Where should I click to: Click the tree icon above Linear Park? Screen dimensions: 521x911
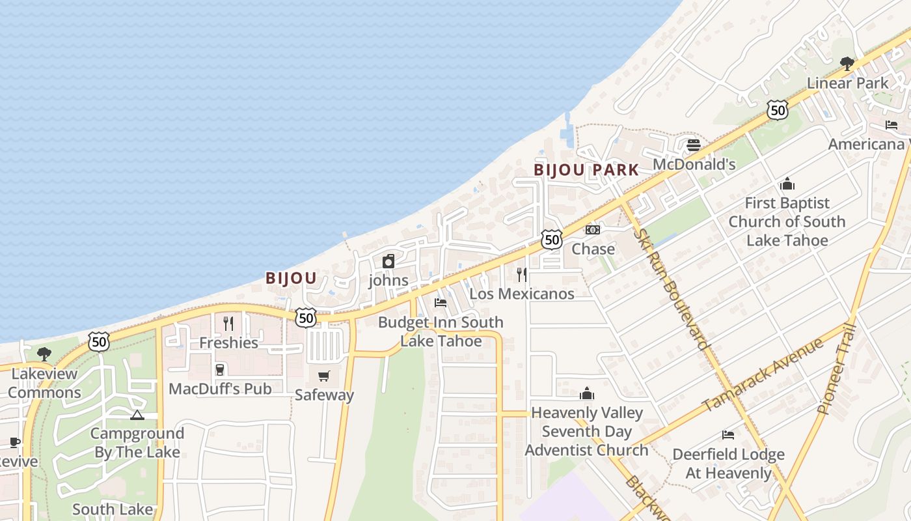[x=847, y=63]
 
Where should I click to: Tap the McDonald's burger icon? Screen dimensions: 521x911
[x=693, y=145]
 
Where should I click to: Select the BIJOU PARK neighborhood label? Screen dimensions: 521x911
[x=586, y=170]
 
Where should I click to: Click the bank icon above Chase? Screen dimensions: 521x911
[x=592, y=230]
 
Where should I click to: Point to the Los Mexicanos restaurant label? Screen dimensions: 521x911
[x=522, y=294]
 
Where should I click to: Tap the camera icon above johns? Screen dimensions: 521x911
[x=388, y=261]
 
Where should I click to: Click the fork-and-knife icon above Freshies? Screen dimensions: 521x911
[x=228, y=323]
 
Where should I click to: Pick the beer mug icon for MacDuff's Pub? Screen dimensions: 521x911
[x=220, y=369]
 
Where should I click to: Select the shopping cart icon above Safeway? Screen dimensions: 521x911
[x=324, y=376]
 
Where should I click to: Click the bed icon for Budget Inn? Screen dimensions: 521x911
[x=441, y=303]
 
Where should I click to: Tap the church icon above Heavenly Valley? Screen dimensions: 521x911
[x=587, y=393]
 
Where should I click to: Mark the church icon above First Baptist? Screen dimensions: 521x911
[x=787, y=184]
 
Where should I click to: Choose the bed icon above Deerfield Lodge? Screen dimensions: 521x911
[x=728, y=434]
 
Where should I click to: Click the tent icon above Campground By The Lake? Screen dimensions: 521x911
[x=137, y=415]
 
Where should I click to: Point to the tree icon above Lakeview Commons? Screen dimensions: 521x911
[x=44, y=354]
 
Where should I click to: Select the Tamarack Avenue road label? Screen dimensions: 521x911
[x=763, y=375]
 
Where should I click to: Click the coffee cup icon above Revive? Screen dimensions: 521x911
[x=14, y=443]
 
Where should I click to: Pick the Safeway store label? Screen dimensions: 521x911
[x=324, y=395]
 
